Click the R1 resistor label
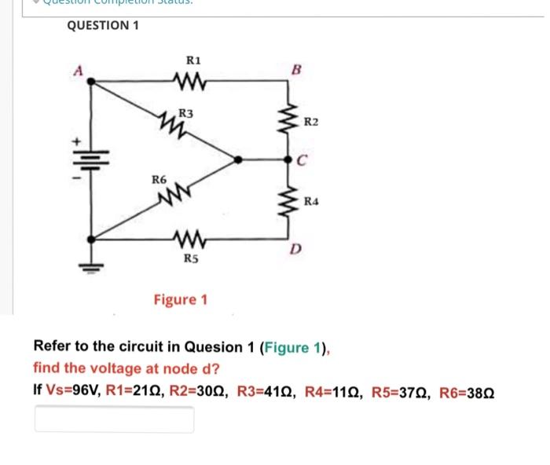[x=193, y=60]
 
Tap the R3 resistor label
[x=186, y=113]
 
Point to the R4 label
[x=311, y=201]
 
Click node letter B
[x=295, y=68]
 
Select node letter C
[x=302, y=161]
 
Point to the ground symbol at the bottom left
[x=91, y=265]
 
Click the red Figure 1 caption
[x=181, y=299]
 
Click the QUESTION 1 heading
[x=103, y=25]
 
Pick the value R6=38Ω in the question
[x=467, y=390]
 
